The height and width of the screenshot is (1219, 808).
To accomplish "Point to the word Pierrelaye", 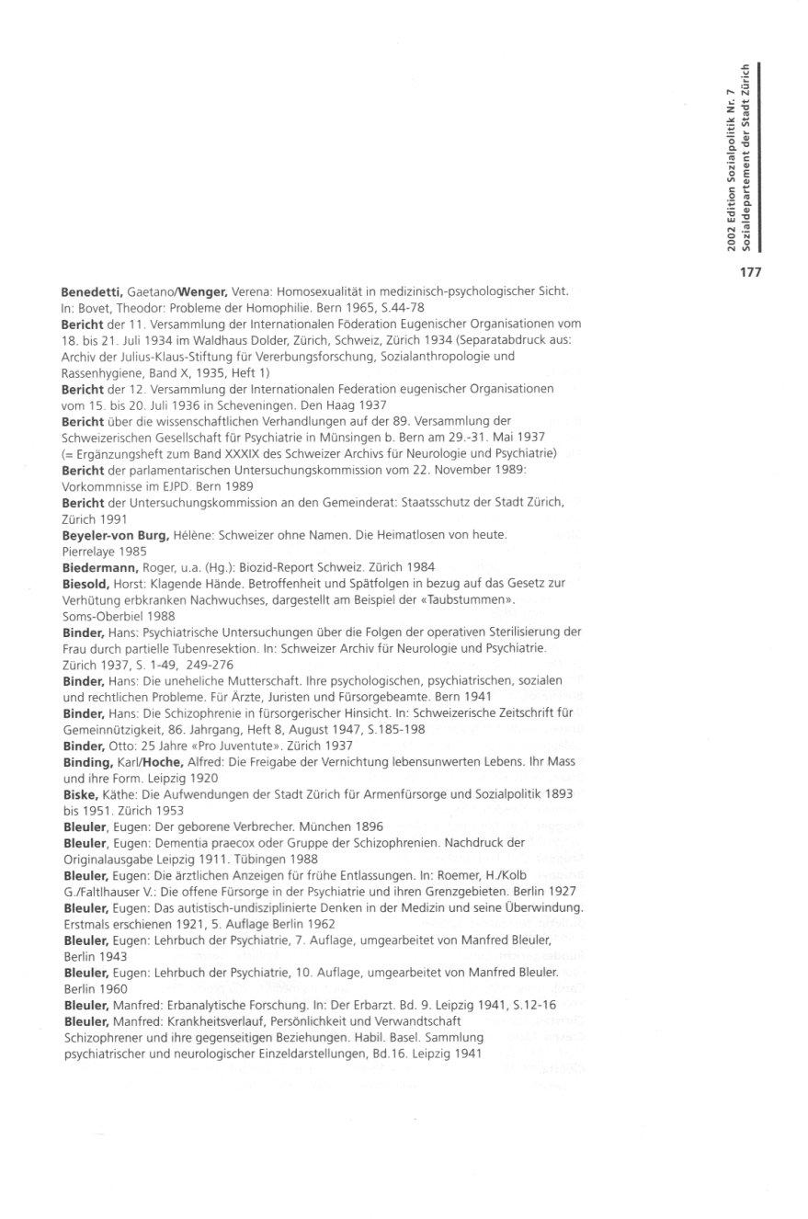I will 90,550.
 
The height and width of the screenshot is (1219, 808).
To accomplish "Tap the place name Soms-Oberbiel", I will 99,614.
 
